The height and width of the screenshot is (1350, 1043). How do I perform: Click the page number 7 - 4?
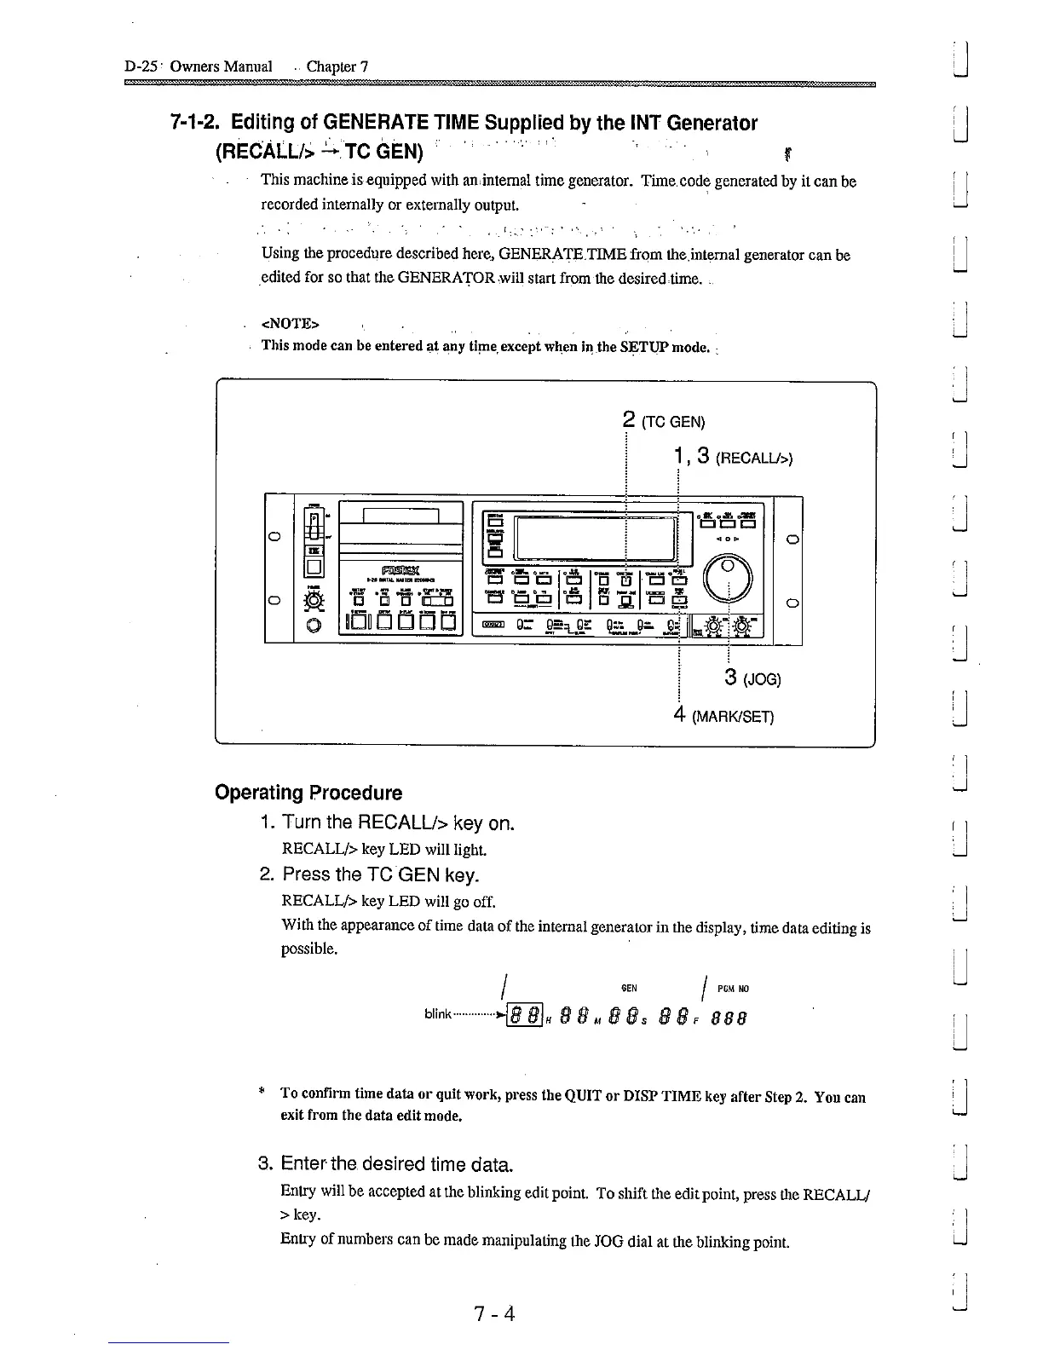495,1313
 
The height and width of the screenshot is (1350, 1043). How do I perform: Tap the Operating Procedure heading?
308,793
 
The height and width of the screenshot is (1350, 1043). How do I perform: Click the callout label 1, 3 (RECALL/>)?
732,458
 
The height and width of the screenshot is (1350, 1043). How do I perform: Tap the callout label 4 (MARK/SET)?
722,716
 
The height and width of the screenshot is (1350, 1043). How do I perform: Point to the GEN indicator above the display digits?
629,989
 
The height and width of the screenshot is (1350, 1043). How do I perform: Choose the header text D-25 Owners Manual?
198,66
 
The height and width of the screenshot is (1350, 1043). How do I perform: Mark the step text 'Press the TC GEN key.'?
381,874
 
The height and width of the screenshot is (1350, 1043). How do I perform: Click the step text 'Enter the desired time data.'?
396,1164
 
